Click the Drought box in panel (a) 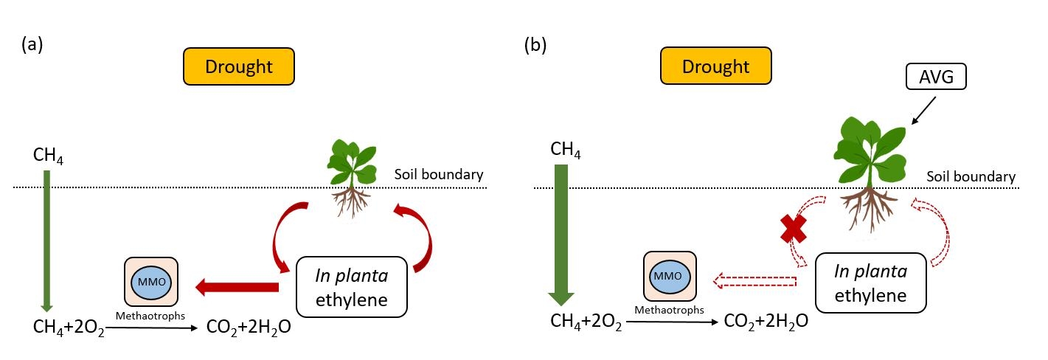[239, 67]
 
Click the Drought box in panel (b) [715, 67]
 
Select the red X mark [793, 229]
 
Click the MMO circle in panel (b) [670, 275]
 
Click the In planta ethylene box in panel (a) [352, 287]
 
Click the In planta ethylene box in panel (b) [870, 283]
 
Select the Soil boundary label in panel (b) [971, 177]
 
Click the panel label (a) [32, 44]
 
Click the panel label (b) [535, 44]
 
